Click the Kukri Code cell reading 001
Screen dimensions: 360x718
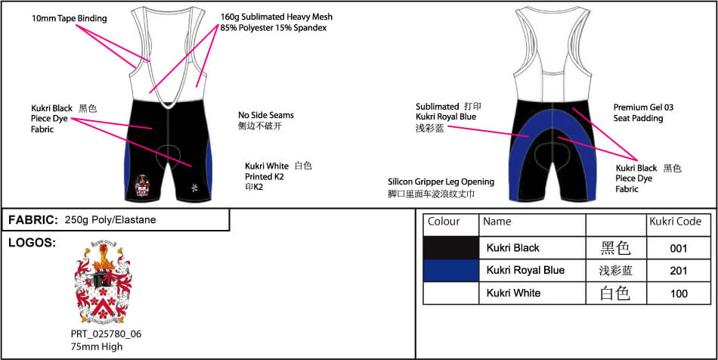tap(679, 248)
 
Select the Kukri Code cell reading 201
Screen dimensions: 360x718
tap(679, 271)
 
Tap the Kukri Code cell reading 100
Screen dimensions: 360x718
tap(679, 293)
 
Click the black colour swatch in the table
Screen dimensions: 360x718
tap(451, 248)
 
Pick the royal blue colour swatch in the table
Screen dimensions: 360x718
tap(451, 271)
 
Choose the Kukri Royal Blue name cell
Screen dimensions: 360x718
tap(525, 271)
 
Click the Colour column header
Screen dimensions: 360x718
tap(444, 222)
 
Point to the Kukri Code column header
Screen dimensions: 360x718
tap(675, 222)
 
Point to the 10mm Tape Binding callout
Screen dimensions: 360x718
tap(70, 18)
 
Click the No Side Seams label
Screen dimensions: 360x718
tap(265, 116)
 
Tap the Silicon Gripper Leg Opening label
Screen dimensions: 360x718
tap(441, 182)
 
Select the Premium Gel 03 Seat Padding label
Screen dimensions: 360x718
tap(643, 113)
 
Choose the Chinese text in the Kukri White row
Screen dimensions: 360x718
tap(614, 293)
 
